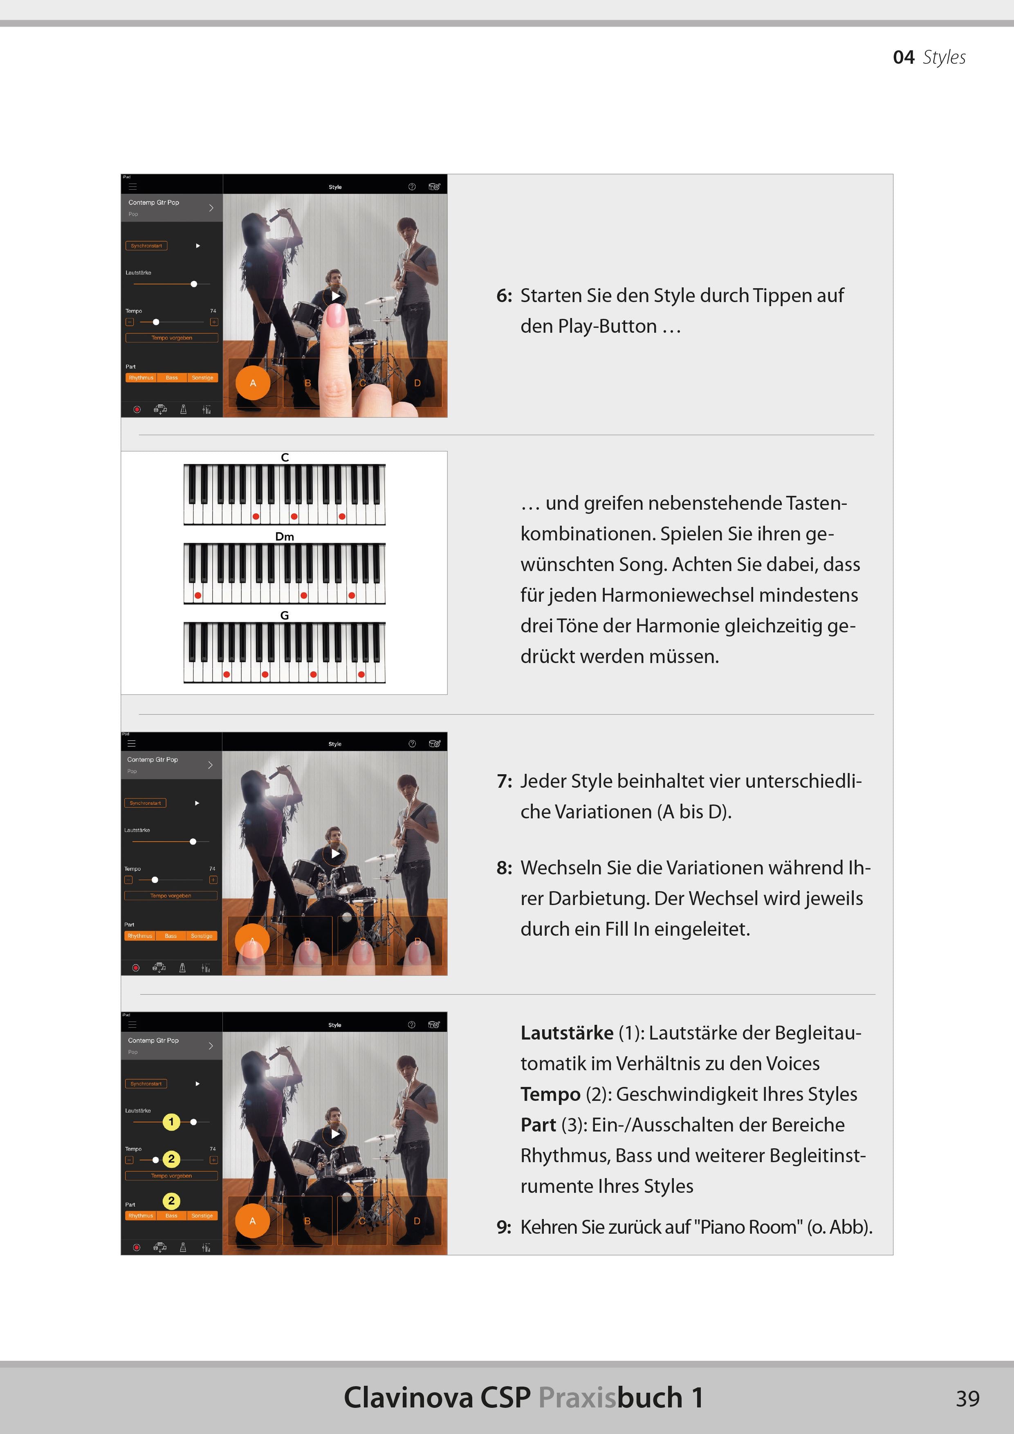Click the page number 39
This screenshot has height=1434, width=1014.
click(x=967, y=1398)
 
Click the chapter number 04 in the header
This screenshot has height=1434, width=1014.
click(x=904, y=58)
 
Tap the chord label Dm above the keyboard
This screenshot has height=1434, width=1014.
click(x=284, y=536)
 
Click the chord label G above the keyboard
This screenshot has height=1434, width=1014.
click(x=284, y=615)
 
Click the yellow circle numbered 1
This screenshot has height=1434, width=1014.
click(x=171, y=1122)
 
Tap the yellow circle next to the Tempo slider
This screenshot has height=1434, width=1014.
click(x=171, y=1159)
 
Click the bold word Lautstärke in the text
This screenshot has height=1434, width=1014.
click(x=567, y=1033)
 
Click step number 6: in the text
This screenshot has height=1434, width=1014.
click(x=504, y=296)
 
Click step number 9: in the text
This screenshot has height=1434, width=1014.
click(x=504, y=1227)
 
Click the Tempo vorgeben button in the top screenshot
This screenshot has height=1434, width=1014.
click(x=171, y=338)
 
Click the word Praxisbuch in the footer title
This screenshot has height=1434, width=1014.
click(x=610, y=1398)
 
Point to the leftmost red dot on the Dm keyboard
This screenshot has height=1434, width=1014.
click(x=198, y=595)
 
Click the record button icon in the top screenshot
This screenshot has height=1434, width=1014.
click(x=137, y=410)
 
